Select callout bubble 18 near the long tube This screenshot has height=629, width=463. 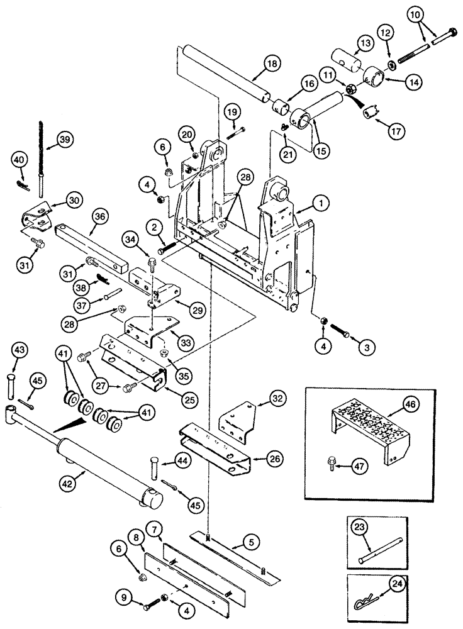tap(254, 64)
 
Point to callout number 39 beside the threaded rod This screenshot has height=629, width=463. tap(62, 140)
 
